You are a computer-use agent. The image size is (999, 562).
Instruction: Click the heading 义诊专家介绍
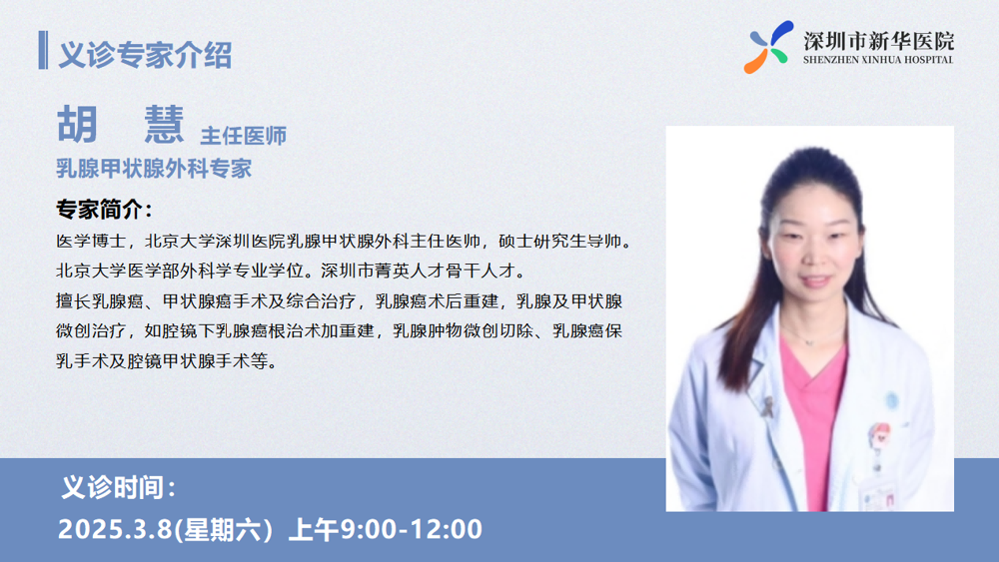tap(145, 54)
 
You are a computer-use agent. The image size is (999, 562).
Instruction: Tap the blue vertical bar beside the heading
tap(43, 50)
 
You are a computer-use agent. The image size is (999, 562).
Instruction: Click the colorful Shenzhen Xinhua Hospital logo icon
tap(768, 47)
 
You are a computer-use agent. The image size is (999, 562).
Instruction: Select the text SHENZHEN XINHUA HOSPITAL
tap(878, 60)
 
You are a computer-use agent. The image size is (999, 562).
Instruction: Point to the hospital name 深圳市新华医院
tap(878, 41)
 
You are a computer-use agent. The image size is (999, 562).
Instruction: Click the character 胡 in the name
tap(77, 124)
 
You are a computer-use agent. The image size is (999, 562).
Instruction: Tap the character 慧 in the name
tap(164, 124)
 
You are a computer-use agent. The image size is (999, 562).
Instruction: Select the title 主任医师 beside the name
tap(244, 136)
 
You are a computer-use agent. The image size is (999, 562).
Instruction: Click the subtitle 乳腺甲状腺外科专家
tap(154, 169)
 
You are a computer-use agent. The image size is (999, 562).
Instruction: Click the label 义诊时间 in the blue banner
tap(113, 487)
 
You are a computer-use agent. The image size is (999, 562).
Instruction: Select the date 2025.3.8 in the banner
tap(115, 529)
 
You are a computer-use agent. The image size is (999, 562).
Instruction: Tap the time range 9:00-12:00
tap(411, 529)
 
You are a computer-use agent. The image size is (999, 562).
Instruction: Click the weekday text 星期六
tap(223, 529)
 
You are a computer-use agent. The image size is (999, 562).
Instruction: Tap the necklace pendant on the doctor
tap(808, 341)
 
